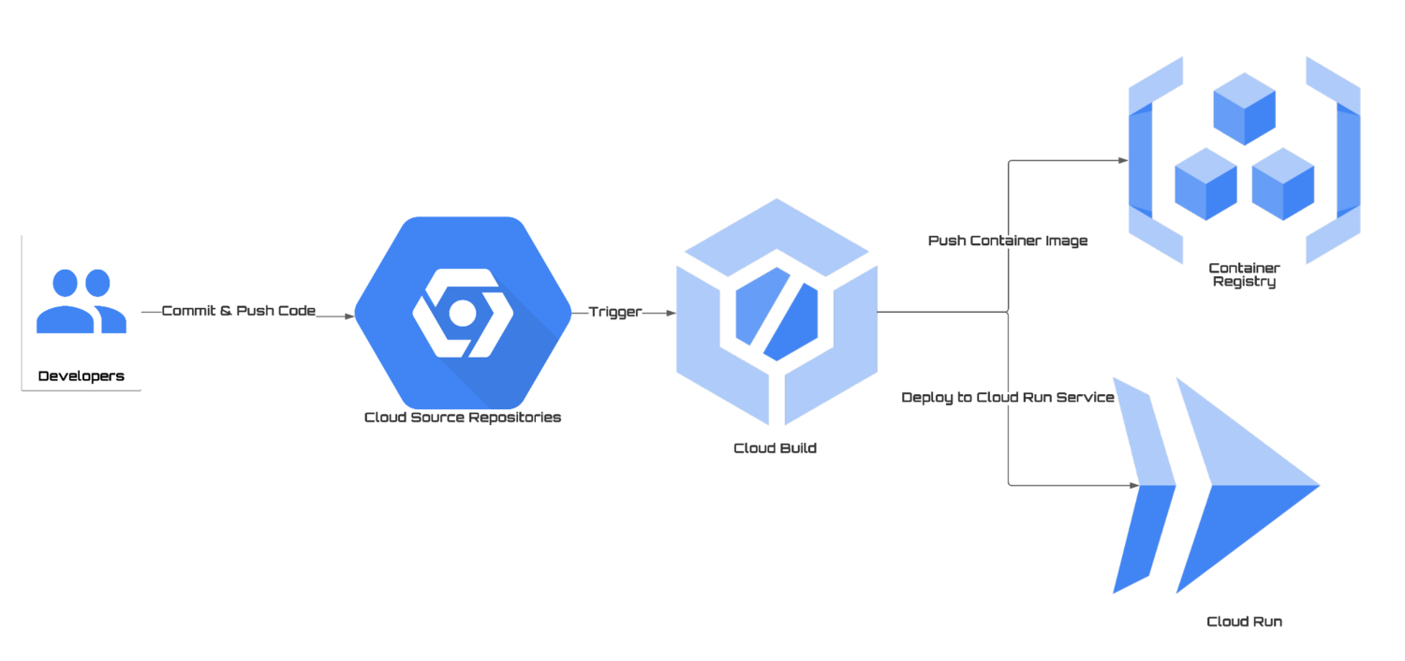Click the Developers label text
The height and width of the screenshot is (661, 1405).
click(81, 376)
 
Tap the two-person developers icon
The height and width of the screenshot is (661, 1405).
click(81, 301)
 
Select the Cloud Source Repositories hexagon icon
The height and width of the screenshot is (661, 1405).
click(463, 313)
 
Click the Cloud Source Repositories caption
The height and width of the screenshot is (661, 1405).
click(463, 418)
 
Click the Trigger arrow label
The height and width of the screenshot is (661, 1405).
click(614, 313)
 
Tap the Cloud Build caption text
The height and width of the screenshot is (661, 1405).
click(775, 448)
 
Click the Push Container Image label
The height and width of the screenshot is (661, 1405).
click(1008, 241)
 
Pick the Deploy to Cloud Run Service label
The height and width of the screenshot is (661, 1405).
click(1008, 398)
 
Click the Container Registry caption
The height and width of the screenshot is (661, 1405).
click(1244, 274)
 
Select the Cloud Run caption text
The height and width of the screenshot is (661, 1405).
click(1244, 621)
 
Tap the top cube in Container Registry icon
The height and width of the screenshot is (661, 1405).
click(1244, 112)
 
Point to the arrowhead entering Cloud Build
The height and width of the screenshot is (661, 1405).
click(669, 314)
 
